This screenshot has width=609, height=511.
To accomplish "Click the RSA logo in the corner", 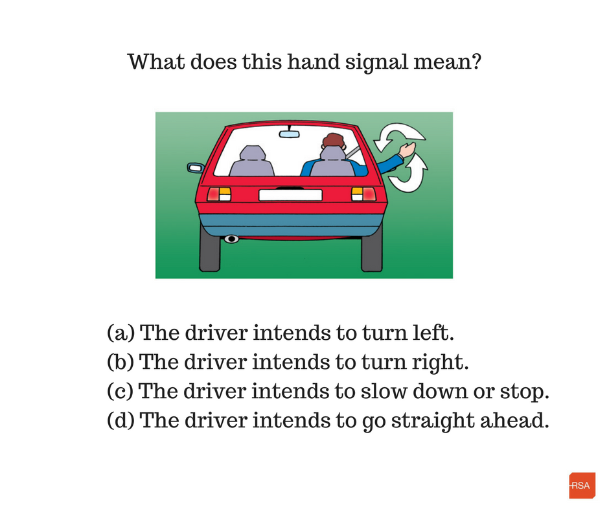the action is [582, 485].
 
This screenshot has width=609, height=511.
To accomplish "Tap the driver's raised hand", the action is [408, 149].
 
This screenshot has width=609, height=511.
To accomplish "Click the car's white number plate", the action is [290, 195].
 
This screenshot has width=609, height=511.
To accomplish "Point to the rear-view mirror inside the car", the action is [290, 134].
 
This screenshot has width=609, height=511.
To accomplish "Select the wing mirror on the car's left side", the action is [196, 167].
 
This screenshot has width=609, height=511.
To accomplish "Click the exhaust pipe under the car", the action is [231, 239].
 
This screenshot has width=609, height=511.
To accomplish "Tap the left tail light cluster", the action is [219, 194].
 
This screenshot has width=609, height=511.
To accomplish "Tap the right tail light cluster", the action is [363, 194].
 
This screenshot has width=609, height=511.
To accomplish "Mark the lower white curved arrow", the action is [409, 175].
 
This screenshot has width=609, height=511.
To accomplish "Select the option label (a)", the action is [121, 333].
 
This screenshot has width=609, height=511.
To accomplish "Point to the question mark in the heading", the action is [476, 62].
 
